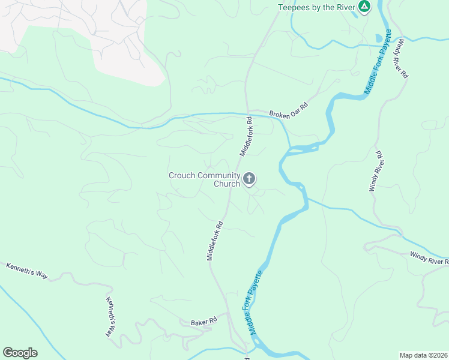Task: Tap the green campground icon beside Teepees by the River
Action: (x=364, y=7)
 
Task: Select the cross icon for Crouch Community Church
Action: (x=249, y=179)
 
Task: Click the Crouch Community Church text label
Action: (x=204, y=179)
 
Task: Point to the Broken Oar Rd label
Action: (x=288, y=110)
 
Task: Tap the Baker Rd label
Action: (x=203, y=322)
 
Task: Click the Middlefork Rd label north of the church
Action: (x=246, y=137)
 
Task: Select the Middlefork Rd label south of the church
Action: (x=215, y=241)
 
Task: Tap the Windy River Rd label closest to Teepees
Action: (x=400, y=59)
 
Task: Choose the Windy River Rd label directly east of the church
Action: (x=375, y=172)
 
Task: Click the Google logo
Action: (x=20, y=353)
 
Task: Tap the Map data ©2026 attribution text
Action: (x=423, y=355)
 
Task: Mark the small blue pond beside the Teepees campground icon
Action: (x=379, y=38)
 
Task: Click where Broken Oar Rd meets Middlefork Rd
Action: (x=248, y=113)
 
